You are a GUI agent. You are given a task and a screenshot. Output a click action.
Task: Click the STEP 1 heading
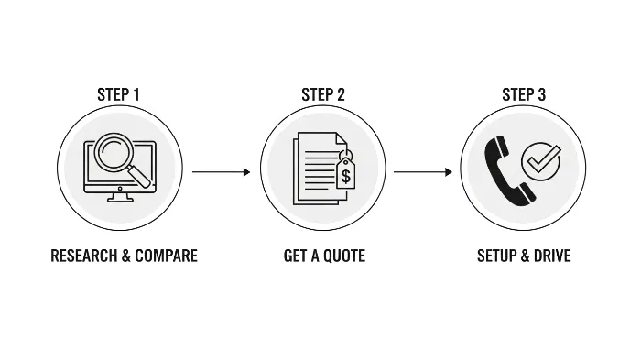(119, 94)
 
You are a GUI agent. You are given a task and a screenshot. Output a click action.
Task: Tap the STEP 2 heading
(323, 94)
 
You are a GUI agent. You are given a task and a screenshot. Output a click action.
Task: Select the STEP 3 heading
(524, 94)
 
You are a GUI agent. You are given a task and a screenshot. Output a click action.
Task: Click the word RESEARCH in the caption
(83, 256)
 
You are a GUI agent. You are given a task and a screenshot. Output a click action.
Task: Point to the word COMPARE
(166, 256)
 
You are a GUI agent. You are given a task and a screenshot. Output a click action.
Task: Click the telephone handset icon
(506, 169)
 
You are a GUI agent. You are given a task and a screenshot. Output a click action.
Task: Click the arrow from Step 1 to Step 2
(221, 171)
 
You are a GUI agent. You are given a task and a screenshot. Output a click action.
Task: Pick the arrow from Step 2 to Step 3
(422, 171)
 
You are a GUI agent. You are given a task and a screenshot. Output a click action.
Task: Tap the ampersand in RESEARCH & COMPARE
(126, 256)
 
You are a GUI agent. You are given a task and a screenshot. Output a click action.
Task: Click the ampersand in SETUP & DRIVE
(527, 256)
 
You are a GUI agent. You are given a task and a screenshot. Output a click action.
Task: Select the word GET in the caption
(295, 256)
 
